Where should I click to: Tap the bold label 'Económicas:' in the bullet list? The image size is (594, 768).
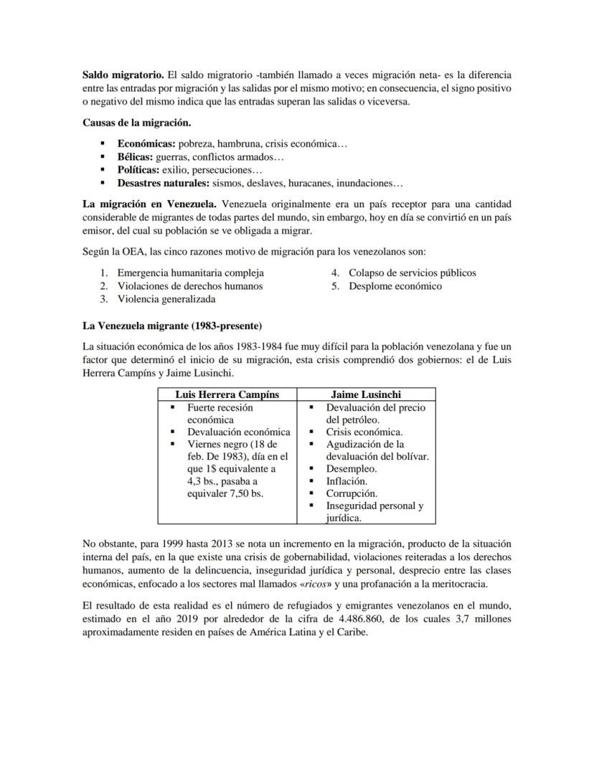[146, 143]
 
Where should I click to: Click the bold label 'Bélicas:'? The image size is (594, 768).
[136, 156]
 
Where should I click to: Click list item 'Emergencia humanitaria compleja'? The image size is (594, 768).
[190, 272]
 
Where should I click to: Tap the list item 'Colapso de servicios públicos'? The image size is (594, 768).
[412, 272]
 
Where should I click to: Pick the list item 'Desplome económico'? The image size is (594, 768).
[395, 286]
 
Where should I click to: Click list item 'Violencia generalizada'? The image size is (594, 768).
[166, 299]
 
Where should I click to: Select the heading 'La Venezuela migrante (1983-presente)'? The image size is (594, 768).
[172, 326]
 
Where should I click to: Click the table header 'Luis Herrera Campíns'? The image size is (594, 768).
[227, 394]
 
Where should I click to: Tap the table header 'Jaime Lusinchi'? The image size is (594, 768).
[366, 394]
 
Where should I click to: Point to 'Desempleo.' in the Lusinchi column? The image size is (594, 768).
[352, 469]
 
